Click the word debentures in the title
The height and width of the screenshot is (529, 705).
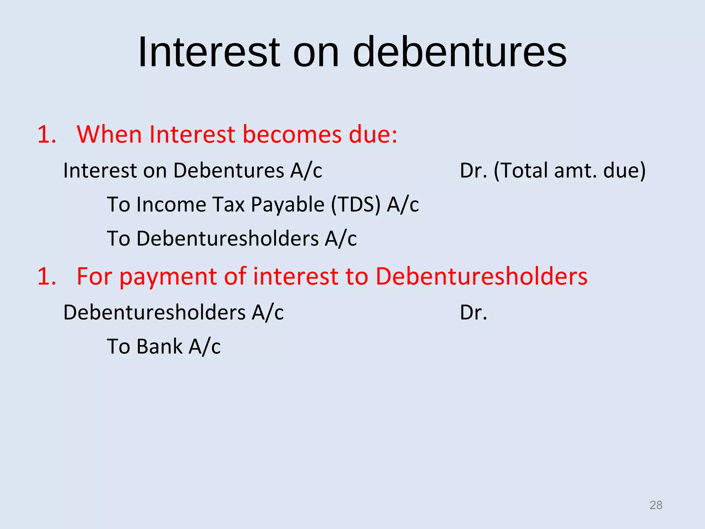click(x=459, y=52)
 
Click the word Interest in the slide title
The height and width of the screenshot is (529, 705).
click(x=209, y=52)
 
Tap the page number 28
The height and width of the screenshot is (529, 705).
click(x=656, y=505)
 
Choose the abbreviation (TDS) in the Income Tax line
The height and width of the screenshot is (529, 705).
click(x=356, y=205)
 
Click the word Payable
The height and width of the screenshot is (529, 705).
click(x=288, y=205)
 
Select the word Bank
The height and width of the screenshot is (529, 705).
click(x=159, y=346)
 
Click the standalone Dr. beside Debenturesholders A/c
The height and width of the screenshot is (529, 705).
click(x=473, y=313)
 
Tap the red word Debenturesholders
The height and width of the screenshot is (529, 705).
click(x=481, y=277)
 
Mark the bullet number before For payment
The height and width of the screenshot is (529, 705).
click(x=46, y=277)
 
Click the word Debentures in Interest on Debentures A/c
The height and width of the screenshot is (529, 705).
click(x=229, y=170)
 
